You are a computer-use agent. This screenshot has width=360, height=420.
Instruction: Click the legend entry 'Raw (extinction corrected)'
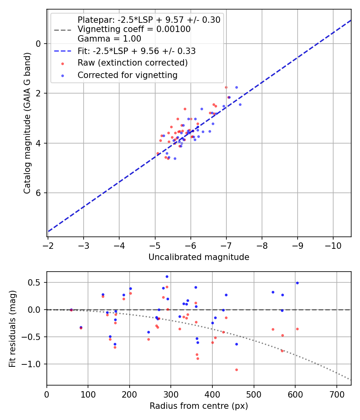[x=132, y=63]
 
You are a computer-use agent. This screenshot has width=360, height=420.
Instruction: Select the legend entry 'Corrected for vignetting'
[x=128, y=75]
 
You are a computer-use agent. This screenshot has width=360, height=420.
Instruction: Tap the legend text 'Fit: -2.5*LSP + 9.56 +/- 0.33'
[x=136, y=51]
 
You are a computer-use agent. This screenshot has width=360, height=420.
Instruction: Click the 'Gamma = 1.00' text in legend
[x=109, y=39]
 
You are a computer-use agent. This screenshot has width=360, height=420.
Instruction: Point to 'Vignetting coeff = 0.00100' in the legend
[x=134, y=29]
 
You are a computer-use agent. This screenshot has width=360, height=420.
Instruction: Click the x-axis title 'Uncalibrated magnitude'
[x=199, y=257]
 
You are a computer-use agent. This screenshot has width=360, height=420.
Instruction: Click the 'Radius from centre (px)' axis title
[x=199, y=406]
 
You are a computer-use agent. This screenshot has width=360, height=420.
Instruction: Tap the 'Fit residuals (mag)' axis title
[x=12, y=329]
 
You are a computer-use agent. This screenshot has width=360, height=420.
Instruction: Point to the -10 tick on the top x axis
[x=333, y=245]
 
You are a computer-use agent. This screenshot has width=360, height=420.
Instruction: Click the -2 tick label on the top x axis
[x=48, y=245]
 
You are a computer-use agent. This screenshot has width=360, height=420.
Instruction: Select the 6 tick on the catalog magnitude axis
[x=39, y=193]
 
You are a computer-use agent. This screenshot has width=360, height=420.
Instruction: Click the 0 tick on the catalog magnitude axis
[x=39, y=44]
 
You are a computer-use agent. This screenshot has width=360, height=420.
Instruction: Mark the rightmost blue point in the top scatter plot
[x=240, y=104]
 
